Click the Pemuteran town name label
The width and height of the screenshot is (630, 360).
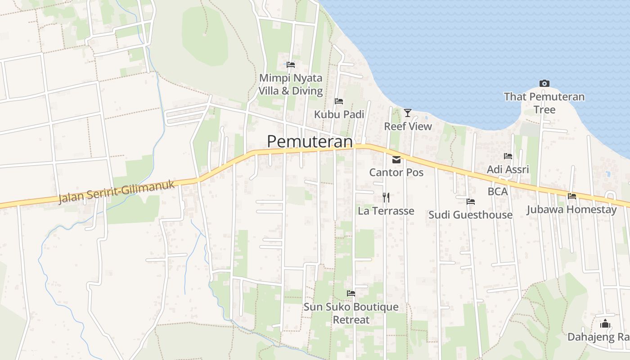click(310, 141)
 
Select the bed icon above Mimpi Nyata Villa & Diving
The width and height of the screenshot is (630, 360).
click(291, 65)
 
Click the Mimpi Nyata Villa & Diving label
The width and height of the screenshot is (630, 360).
click(291, 84)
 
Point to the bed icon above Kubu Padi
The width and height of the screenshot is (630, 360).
click(339, 101)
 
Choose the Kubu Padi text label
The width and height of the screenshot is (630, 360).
click(339, 114)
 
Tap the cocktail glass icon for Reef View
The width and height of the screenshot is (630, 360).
click(408, 112)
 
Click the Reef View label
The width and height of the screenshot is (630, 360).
click(408, 126)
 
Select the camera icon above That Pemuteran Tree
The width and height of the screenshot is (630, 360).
click(544, 83)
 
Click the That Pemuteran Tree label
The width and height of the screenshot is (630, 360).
click(544, 103)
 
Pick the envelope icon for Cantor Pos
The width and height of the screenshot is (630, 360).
click(396, 159)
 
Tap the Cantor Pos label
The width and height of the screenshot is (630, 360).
click(396, 172)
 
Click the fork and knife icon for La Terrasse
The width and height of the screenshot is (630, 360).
click(386, 197)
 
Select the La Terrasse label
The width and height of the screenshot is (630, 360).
click(386, 211)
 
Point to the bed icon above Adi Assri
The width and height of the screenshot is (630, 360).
click(508, 156)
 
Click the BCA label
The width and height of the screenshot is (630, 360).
click(497, 192)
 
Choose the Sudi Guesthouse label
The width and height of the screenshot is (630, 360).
click(470, 215)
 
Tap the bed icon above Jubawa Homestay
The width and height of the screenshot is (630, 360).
click(572, 196)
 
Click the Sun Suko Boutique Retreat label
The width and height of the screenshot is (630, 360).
click(351, 313)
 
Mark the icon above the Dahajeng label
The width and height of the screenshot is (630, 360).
click(605, 324)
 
